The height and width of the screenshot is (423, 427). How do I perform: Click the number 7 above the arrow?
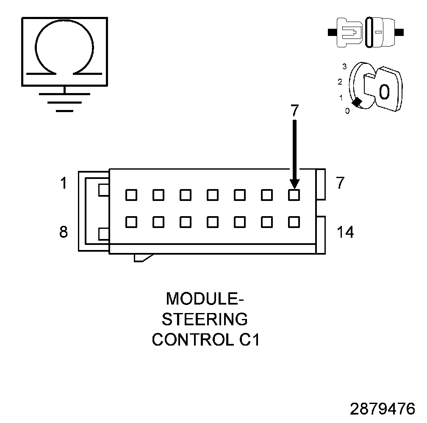(295, 110)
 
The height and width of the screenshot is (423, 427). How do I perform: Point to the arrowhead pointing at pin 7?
(294, 184)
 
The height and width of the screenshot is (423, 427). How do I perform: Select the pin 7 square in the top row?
(294, 195)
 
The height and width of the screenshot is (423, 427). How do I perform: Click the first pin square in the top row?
(131, 195)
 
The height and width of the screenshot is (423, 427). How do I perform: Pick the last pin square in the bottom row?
(294, 222)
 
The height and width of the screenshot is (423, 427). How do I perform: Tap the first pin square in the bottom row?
(131, 222)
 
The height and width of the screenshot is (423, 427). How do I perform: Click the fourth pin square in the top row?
(213, 195)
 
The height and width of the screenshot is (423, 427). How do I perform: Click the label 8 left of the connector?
(63, 232)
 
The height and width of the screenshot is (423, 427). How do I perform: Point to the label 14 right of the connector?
(345, 232)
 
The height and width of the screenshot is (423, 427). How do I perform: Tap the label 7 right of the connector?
(340, 184)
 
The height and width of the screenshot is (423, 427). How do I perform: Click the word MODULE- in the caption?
(205, 299)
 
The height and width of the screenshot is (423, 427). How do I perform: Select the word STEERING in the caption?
(205, 319)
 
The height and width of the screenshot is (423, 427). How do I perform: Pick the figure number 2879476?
(383, 409)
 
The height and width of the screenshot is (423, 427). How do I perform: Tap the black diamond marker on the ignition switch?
(357, 102)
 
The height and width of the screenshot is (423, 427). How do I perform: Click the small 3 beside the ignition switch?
(345, 67)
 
